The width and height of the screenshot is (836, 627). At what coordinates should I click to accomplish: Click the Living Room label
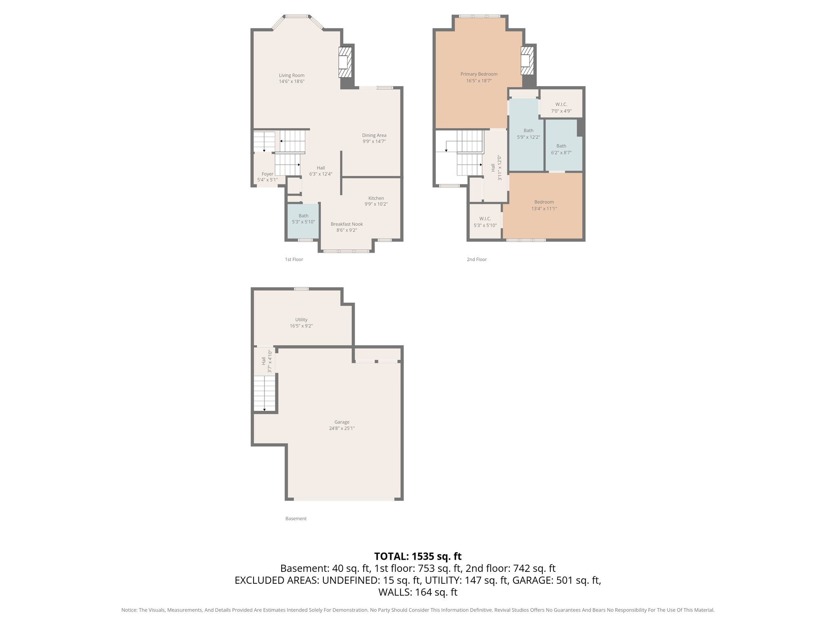tap(291, 76)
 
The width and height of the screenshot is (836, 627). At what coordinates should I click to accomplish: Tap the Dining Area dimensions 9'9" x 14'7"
tap(374, 142)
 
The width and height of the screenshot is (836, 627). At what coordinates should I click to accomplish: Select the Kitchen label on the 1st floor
tap(376, 198)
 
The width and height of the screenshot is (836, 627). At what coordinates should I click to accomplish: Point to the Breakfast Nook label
tap(347, 224)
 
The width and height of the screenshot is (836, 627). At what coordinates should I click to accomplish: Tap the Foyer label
tap(267, 174)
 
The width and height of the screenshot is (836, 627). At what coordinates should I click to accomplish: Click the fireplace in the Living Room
tap(345, 62)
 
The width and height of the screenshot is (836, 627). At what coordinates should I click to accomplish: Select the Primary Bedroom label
tap(479, 74)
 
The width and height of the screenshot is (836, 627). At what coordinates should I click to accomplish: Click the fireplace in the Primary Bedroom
tap(527, 60)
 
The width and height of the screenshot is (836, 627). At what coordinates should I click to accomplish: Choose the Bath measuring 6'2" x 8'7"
tap(561, 149)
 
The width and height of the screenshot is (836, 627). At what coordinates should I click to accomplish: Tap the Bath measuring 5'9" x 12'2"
tap(528, 134)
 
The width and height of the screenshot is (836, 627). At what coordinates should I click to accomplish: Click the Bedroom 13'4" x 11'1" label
tap(544, 202)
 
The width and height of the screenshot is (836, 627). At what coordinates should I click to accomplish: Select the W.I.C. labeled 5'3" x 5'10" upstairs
tap(485, 222)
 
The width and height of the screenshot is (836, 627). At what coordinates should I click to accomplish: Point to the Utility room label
tap(301, 320)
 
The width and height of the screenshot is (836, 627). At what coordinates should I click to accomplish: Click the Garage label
tap(342, 422)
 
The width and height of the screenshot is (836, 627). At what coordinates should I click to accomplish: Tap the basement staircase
tap(265, 394)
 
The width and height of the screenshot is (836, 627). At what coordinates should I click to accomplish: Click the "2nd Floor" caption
tap(476, 260)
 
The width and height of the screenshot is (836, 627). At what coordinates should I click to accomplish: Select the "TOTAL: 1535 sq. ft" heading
tap(418, 556)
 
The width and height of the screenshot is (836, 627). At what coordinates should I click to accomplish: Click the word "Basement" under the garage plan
tap(296, 519)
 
